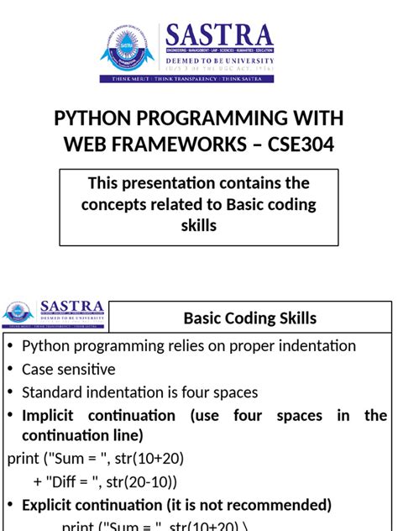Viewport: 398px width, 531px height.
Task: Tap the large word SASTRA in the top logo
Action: [220, 35]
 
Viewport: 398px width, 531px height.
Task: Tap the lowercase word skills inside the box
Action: [199, 226]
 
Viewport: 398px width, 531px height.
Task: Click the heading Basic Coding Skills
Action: [250, 318]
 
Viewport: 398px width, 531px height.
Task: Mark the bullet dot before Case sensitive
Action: [10, 370]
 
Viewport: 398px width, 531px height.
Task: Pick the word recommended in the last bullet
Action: [283, 505]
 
